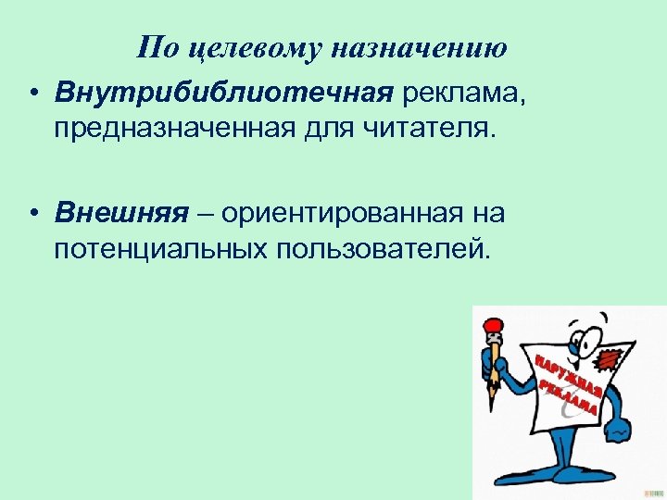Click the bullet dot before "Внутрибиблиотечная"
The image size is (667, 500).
(x=32, y=94)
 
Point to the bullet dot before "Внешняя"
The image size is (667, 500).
(x=32, y=215)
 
